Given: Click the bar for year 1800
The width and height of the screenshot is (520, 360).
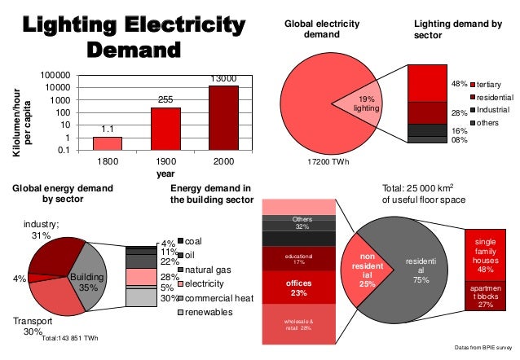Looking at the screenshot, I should [x=107, y=143].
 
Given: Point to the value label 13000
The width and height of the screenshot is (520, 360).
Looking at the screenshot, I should [x=223, y=78].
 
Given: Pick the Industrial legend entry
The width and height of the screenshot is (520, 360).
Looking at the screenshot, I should [x=492, y=109].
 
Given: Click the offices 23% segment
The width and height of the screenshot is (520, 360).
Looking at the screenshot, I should [x=297, y=287].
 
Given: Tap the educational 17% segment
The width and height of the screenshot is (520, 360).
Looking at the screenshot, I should [x=297, y=259].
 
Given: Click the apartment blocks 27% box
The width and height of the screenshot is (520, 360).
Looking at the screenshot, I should [x=487, y=297].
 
